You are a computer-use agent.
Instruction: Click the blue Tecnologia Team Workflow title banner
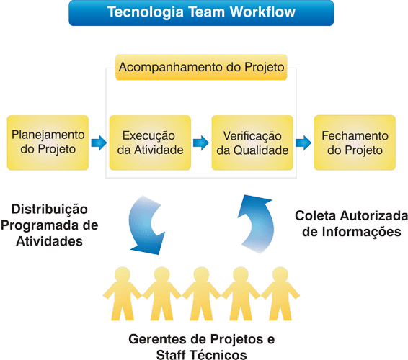[x=201, y=13]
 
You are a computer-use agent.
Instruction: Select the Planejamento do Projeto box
[x=48, y=143]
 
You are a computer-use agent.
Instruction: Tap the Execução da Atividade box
[x=150, y=143]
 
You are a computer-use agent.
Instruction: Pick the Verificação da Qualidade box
[x=252, y=143]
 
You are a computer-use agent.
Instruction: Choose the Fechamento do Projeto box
[x=355, y=143]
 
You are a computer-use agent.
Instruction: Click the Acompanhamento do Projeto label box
[x=201, y=67]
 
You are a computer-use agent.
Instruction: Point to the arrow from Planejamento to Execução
[x=99, y=143]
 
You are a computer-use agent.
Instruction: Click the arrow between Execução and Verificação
[x=201, y=143]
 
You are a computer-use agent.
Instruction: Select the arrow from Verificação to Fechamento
[x=303, y=143]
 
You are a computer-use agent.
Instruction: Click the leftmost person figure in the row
[x=123, y=294]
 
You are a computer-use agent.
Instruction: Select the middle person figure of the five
[x=201, y=294]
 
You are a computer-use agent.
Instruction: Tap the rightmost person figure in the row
[x=280, y=294]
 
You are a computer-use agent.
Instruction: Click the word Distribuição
[x=50, y=210]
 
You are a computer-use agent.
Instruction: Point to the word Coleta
[x=315, y=216]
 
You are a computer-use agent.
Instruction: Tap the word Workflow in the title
[x=262, y=12]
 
